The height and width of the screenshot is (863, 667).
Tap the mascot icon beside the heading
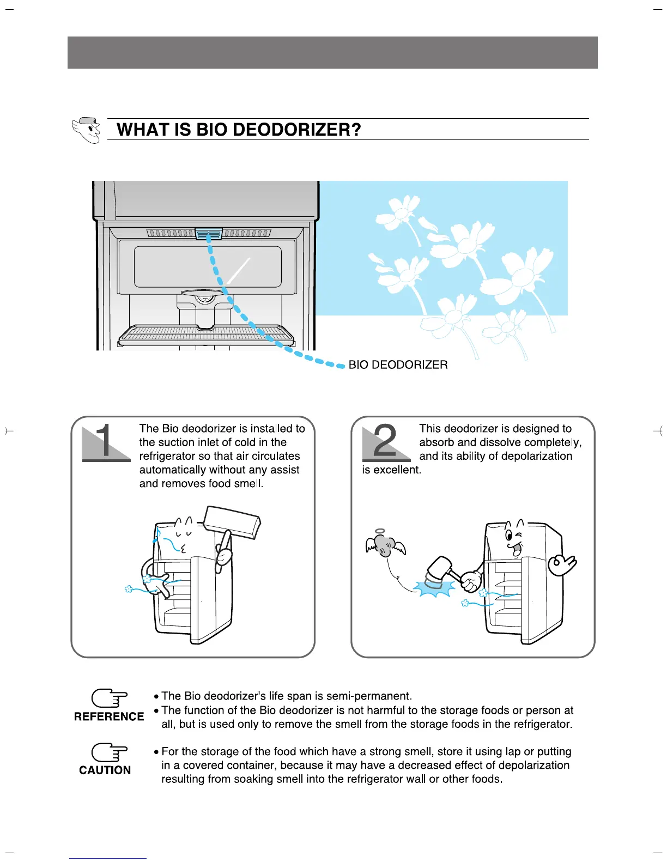(x=87, y=130)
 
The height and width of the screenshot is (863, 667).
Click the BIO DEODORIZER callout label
(x=398, y=365)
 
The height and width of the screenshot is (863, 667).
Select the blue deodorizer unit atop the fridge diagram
(x=209, y=234)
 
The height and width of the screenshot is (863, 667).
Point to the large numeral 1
(x=106, y=441)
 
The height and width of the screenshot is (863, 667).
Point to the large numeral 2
(x=386, y=441)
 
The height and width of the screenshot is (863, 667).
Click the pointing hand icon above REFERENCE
(x=109, y=698)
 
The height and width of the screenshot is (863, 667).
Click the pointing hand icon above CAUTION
(x=109, y=752)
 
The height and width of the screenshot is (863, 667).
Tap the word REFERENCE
(x=109, y=716)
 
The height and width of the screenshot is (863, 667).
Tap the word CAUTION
(x=105, y=770)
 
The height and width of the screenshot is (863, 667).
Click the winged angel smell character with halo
(x=385, y=545)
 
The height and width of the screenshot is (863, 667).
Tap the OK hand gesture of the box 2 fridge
(x=562, y=565)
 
